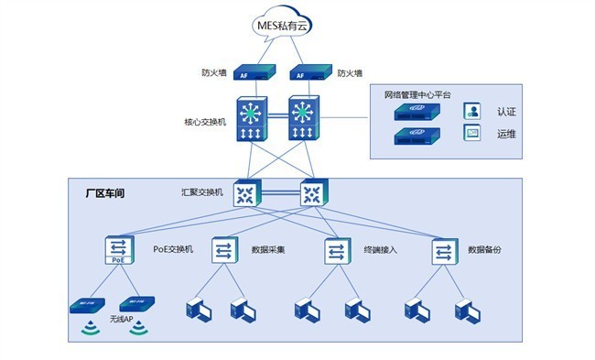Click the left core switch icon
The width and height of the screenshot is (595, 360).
pyautogui.click(x=251, y=119)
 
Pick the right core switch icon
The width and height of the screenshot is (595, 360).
pyautogui.click(x=305, y=119)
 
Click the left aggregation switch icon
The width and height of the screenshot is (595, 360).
pyautogui.click(x=245, y=193)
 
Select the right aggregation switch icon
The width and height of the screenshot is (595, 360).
pyautogui.click(x=313, y=193)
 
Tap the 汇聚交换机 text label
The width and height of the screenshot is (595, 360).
pyautogui.click(x=201, y=192)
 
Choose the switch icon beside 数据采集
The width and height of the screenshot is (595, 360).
pyautogui.click(x=225, y=250)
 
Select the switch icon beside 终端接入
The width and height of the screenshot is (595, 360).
pyautogui.click(x=336, y=250)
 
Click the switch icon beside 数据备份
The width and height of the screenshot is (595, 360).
pyautogui.click(x=443, y=250)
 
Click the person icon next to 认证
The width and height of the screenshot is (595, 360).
pyautogui.click(x=472, y=112)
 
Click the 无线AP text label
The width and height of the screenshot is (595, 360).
pyautogui.click(x=122, y=319)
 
